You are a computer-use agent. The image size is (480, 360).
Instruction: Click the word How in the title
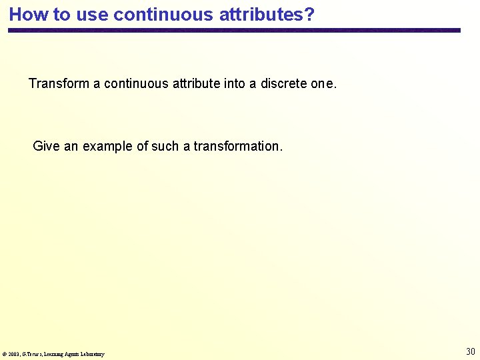click(25, 15)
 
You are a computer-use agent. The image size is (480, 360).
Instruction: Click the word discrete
click(284, 84)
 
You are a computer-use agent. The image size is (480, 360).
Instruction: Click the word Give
click(46, 146)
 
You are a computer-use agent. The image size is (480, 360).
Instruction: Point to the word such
click(166, 146)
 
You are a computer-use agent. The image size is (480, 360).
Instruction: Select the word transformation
click(238, 146)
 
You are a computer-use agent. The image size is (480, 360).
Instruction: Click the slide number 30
click(470, 351)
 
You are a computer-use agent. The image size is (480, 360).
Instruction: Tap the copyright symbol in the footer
click(5, 354)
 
